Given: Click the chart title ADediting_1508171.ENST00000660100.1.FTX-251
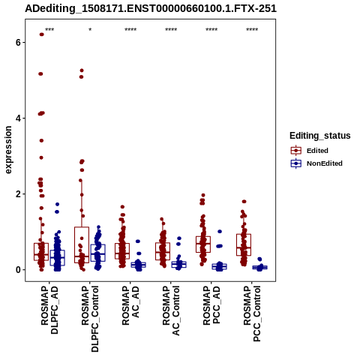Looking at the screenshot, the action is pyautogui.click(x=151, y=8).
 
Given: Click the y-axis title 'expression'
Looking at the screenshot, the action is pyautogui.click(x=8, y=150).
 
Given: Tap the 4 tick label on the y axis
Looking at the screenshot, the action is pyautogui.click(x=18, y=118).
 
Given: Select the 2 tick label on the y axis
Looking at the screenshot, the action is pyautogui.click(x=18, y=194).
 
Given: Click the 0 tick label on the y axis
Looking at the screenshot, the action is pyautogui.click(x=18, y=270).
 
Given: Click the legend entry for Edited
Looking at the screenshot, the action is pyautogui.click(x=309, y=151).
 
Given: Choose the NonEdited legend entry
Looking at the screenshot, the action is pyautogui.click(x=316, y=163).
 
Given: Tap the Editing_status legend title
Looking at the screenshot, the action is pyautogui.click(x=320, y=136).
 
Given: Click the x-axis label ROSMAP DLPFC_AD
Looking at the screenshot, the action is pyautogui.click(x=49, y=310).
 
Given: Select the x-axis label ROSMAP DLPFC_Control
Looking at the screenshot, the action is pyautogui.click(x=90, y=319).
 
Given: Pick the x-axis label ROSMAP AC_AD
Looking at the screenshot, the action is pyautogui.click(x=130, y=305).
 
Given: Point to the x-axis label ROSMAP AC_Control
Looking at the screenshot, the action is pyautogui.click(x=171, y=310).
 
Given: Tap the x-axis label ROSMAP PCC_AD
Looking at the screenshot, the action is pyautogui.click(x=211, y=305).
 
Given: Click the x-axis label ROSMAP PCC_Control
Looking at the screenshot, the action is pyautogui.click(x=252, y=313).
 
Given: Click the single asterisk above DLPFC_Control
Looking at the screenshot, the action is pyautogui.click(x=90, y=29).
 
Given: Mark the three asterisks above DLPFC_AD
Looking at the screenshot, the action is pyautogui.click(x=49, y=29).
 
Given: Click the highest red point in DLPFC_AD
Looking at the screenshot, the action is pyautogui.click(x=42, y=34).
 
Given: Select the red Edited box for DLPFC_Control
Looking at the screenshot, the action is pyautogui.click(x=82, y=244).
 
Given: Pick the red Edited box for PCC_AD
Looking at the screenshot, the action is pyautogui.click(x=203, y=244).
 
